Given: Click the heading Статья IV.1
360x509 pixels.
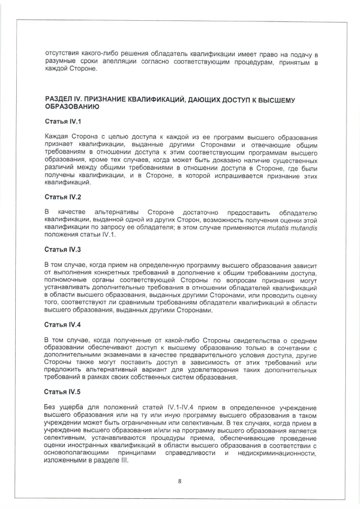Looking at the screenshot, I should point(62,121).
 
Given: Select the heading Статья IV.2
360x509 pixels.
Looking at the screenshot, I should point(62,197).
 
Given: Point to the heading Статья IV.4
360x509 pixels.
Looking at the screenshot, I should point(62,325).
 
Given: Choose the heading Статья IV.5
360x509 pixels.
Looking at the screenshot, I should point(62,391).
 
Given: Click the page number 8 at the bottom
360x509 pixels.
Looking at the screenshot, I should point(179,480).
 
